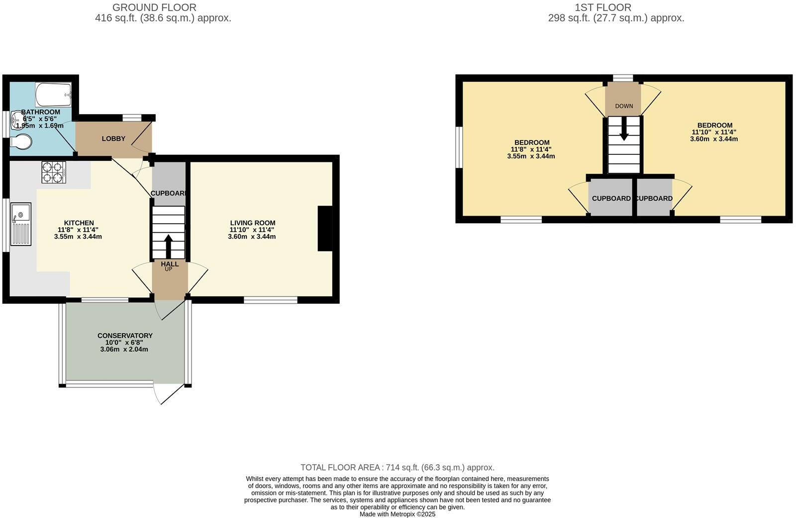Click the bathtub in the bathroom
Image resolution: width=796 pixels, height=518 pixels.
54,94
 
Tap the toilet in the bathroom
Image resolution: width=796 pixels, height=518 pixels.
21,142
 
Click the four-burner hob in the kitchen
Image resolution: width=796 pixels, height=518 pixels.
54,172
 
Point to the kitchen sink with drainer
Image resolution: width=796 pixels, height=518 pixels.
20,224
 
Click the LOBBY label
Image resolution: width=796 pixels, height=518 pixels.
113,138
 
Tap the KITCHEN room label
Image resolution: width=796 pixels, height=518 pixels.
79,223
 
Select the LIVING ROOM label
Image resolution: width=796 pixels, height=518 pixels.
252,223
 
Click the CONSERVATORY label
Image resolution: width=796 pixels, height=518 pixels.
125,336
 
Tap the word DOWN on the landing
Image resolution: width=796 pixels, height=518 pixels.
624,106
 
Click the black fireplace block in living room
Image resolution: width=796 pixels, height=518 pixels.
325,229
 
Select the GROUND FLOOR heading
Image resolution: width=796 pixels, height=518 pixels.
154,7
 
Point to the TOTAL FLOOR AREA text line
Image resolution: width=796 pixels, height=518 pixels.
397,468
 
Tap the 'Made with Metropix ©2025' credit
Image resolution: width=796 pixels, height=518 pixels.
397,514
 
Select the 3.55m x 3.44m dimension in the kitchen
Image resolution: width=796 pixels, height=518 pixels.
78,237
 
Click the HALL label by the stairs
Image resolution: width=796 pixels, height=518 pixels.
170,264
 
